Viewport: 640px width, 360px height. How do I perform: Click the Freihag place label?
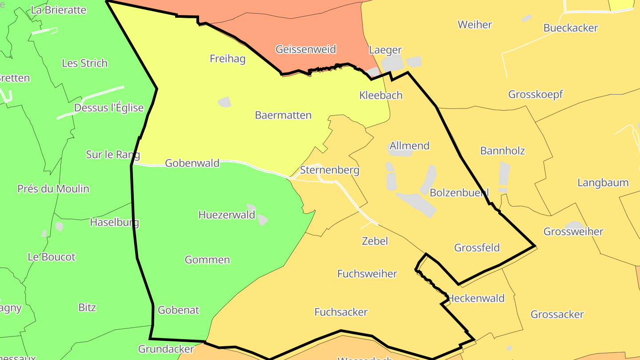pyautogui.click(x=228, y=59)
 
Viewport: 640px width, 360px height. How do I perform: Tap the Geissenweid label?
pyautogui.click(x=305, y=49)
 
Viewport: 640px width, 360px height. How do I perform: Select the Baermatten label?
pyautogui.click(x=283, y=115)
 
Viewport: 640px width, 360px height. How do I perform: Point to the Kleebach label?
pyautogui.click(x=381, y=95)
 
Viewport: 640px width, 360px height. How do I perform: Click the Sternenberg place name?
pyautogui.click(x=329, y=170)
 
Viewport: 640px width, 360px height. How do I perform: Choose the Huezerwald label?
pyautogui.click(x=227, y=215)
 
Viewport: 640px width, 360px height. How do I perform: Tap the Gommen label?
pyautogui.click(x=207, y=260)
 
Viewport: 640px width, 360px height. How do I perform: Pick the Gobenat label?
pyautogui.click(x=178, y=310)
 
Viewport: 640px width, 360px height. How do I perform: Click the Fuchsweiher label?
pyautogui.click(x=367, y=273)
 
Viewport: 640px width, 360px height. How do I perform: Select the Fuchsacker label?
pyautogui.click(x=341, y=312)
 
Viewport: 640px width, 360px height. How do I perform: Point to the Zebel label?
pyautogui.click(x=375, y=241)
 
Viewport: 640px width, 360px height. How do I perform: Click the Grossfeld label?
pyautogui.click(x=477, y=248)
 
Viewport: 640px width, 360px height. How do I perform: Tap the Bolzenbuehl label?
pyautogui.click(x=459, y=192)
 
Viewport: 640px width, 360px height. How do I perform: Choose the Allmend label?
pyautogui.click(x=409, y=146)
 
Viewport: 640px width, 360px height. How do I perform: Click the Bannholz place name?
pyautogui.click(x=502, y=151)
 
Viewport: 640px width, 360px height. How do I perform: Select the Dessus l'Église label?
pyautogui.click(x=109, y=108)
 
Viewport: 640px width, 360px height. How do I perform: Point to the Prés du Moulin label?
pyautogui.click(x=53, y=188)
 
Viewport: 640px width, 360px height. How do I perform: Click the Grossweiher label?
pyautogui.click(x=573, y=232)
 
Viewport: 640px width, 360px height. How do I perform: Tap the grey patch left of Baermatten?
pyautogui.click(x=225, y=102)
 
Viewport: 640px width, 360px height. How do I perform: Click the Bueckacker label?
pyautogui.click(x=571, y=28)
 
